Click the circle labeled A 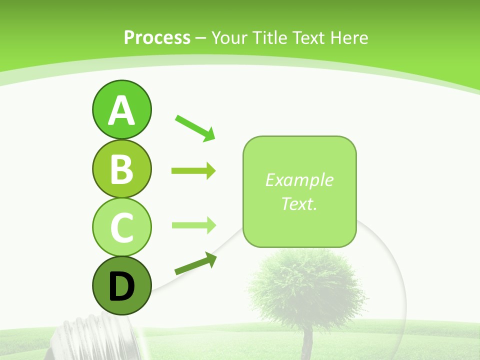(121, 109)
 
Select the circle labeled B (121, 168)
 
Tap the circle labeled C (121, 226)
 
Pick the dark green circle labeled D (121, 285)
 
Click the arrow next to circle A (195, 128)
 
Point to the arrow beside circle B (193, 171)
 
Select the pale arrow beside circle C (193, 225)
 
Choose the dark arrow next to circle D (195, 264)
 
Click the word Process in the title (157, 37)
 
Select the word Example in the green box (299, 180)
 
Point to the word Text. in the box (299, 203)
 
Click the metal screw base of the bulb (92, 337)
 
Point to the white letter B (121, 169)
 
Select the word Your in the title (229, 37)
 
